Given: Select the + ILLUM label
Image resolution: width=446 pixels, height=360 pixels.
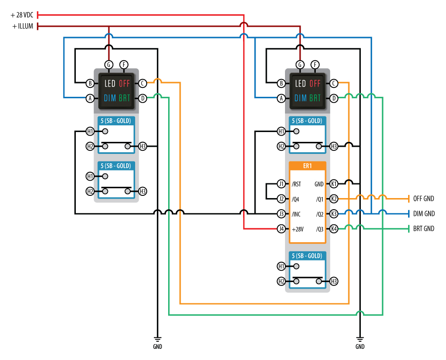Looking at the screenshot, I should [23, 26].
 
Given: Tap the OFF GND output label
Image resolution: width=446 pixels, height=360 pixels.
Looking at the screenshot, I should [423, 199].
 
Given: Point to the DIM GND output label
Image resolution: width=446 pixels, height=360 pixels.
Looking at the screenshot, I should [423, 214].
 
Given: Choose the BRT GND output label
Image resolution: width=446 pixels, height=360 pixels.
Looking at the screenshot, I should [423, 229].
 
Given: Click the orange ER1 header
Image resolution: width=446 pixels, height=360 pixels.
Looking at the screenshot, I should [307, 166].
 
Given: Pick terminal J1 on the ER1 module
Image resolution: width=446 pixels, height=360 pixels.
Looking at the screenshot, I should [281, 184].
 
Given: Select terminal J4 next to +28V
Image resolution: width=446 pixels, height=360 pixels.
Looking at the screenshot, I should [281, 229].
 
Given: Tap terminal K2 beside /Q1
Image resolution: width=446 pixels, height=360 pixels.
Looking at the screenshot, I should [334, 199].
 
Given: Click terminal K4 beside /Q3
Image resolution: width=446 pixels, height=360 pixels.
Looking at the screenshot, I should [334, 229].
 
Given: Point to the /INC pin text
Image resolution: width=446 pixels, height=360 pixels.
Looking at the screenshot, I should [296, 214].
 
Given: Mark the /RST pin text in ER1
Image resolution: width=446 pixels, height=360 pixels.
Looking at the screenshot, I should [296, 184].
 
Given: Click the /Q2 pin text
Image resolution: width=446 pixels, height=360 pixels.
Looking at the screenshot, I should [319, 214].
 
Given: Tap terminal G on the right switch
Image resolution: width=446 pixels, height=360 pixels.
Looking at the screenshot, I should [300, 64].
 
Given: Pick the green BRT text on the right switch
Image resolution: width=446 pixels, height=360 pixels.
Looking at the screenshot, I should [315, 98].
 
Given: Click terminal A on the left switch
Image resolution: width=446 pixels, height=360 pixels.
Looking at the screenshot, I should [90, 98].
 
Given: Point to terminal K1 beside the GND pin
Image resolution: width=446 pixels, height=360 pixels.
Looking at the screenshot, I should [334, 184].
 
